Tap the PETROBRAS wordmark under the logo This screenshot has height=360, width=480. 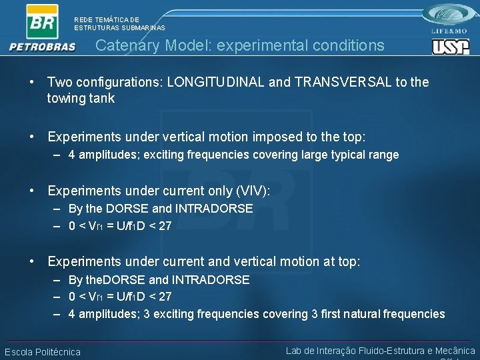pos(43,47)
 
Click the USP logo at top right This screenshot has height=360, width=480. pos(450,47)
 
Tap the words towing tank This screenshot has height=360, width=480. pos(81,99)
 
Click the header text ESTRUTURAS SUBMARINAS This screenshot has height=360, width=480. pos(119,28)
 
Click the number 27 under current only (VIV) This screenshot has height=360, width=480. pos(165,225)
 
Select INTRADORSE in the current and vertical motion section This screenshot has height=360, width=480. pos(211,280)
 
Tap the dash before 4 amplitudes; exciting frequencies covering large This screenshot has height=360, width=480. pos(59,155)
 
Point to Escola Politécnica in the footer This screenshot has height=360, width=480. pos(43,352)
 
